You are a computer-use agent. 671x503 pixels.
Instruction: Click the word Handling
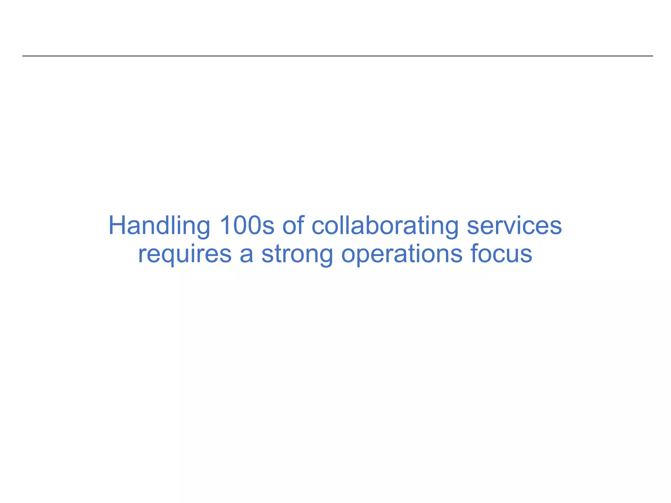click(x=159, y=226)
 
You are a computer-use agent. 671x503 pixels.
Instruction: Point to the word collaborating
click(x=385, y=226)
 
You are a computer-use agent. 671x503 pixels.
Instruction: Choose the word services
click(x=514, y=226)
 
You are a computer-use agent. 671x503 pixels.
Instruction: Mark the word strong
click(x=297, y=254)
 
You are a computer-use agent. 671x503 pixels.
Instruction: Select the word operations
click(x=402, y=254)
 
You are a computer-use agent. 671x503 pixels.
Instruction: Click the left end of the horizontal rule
click(x=23, y=56)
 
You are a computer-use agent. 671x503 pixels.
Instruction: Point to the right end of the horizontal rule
click(x=652, y=56)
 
